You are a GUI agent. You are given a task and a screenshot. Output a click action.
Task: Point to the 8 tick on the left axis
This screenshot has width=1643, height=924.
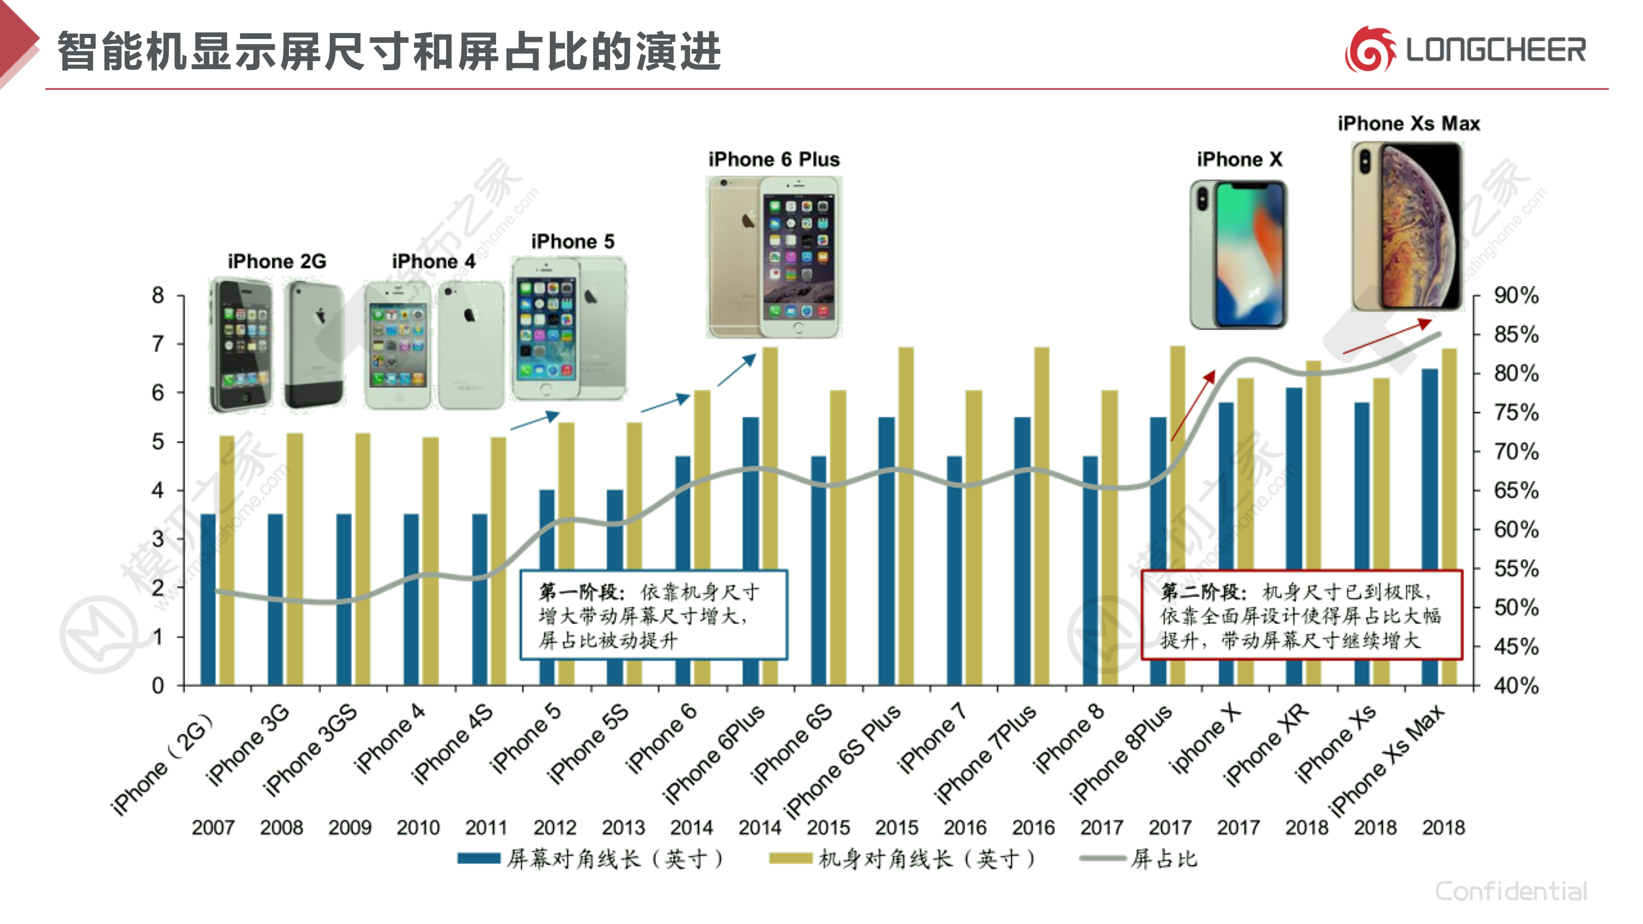157,295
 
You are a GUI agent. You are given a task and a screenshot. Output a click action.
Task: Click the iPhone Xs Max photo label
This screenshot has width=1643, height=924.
1408,123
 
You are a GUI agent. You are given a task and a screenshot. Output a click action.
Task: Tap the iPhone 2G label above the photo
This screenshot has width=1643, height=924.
277,261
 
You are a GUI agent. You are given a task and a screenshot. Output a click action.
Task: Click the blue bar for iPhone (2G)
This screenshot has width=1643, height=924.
208,599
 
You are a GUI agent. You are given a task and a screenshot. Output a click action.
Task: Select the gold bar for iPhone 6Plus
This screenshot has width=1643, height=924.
770,516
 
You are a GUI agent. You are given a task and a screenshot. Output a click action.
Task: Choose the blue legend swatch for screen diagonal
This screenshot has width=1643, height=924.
478,858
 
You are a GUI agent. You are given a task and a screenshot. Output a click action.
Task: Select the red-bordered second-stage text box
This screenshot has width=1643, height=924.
1301,615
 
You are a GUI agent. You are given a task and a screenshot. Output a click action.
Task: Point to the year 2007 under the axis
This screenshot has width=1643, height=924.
213,827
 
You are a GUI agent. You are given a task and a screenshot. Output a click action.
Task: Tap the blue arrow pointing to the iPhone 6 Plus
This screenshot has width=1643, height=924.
737,370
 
